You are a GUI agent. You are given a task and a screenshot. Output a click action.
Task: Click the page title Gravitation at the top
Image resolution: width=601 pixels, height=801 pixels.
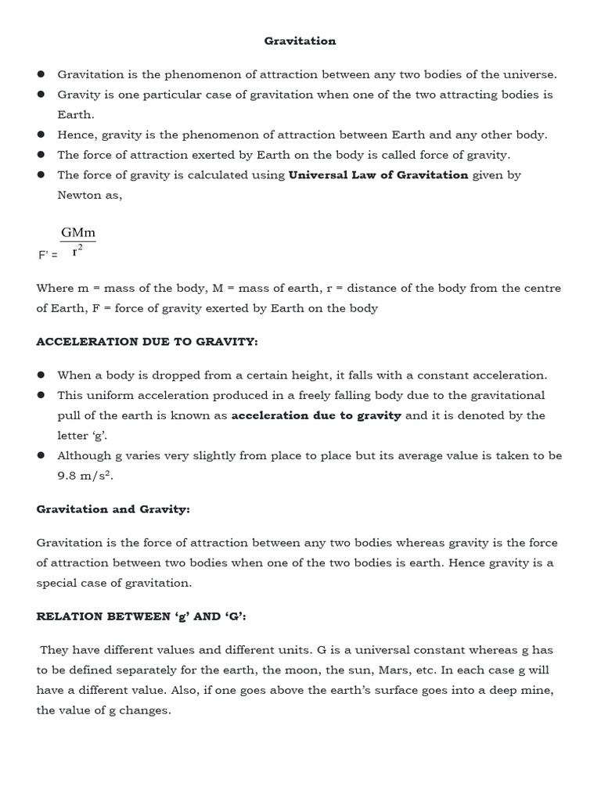click(300, 41)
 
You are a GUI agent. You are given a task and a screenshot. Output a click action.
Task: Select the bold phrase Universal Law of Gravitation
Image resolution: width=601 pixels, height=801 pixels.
click(378, 175)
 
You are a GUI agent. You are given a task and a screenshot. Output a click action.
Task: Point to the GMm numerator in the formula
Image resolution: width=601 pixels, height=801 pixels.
click(77, 233)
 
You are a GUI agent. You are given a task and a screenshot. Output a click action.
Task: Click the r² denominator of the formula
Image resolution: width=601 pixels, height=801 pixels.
click(77, 251)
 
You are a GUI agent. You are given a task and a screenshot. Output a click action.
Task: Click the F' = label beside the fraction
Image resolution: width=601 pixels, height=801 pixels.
click(48, 255)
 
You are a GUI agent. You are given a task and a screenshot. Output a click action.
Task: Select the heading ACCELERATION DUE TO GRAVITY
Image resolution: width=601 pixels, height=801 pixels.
click(147, 342)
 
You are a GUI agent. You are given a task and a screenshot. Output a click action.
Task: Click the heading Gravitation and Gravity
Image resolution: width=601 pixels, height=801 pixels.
click(113, 509)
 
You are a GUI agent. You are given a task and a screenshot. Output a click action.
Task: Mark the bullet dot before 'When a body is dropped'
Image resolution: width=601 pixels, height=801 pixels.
click(41, 375)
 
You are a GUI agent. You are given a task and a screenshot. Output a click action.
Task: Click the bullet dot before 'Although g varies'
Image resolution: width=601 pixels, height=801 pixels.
click(41, 455)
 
